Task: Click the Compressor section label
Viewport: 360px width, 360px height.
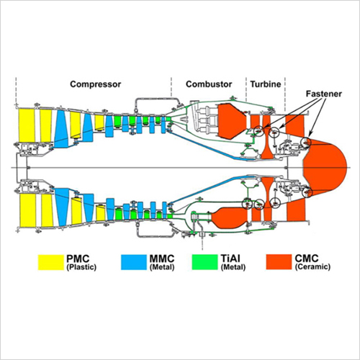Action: click(96, 84)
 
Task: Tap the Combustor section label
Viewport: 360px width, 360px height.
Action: click(209, 84)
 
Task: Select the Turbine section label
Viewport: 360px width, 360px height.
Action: click(266, 84)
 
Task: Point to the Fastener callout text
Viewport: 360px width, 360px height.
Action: click(324, 94)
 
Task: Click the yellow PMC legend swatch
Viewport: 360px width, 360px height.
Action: click(51, 262)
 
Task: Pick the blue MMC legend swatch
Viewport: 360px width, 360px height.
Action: click(134, 262)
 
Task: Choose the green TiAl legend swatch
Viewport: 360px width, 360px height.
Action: click(204, 262)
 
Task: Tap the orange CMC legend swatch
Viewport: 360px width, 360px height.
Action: click(279, 262)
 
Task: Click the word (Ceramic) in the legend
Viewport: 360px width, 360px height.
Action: click(312, 267)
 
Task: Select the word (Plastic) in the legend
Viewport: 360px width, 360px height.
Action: click(81, 267)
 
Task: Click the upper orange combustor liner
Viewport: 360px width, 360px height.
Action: click(232, 121)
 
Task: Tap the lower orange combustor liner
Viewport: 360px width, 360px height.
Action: click(229, 217)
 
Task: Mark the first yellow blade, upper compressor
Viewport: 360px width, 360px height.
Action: click(27, 125)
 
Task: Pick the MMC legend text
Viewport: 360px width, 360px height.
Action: click(162, 258)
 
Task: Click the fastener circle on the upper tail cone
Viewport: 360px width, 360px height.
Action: click(306, 142)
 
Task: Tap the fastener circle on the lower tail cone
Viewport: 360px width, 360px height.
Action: click(307, 192)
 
